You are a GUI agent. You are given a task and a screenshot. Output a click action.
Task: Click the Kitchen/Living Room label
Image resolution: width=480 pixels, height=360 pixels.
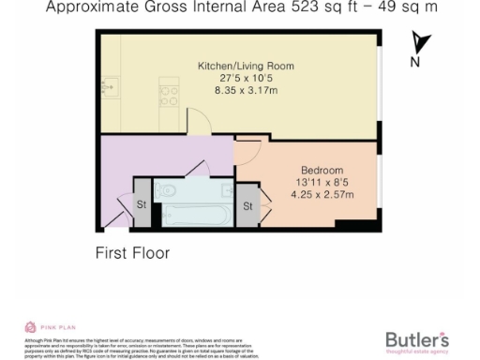tap(246, 66)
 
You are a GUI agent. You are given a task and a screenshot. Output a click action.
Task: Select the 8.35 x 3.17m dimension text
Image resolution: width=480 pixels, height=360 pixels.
tap(246, 92)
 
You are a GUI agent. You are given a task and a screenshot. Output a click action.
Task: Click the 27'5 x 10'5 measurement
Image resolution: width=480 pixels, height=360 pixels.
tap(246, 79)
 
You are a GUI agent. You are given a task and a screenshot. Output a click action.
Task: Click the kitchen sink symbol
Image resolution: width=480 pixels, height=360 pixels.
tap(110, 90)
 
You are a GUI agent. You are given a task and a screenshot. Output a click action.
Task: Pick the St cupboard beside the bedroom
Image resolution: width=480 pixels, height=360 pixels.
tap(248, 205)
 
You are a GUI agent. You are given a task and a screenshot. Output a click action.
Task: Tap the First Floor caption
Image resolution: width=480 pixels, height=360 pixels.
tap(132, 252)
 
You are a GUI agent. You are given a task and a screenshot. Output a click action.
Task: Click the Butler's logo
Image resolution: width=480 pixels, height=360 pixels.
tap(417, 338)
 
